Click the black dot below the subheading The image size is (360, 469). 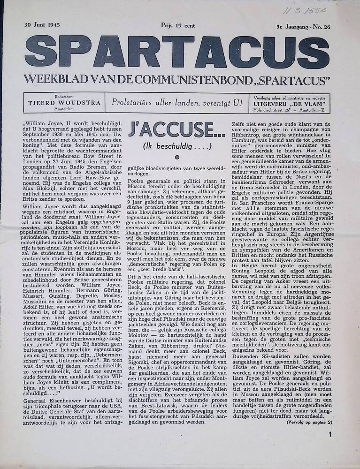(177, 158)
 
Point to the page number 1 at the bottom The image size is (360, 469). (330, 434)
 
